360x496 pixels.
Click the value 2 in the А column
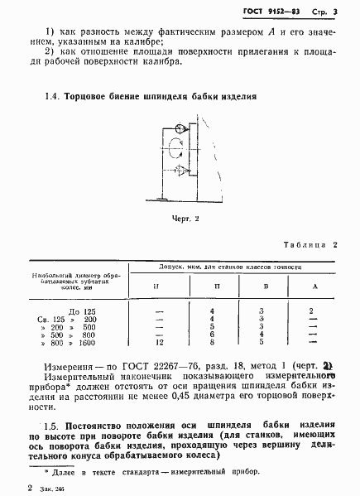311,311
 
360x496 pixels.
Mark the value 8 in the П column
213,342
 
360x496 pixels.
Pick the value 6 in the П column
213,334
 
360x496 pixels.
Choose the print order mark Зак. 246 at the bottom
54,489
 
